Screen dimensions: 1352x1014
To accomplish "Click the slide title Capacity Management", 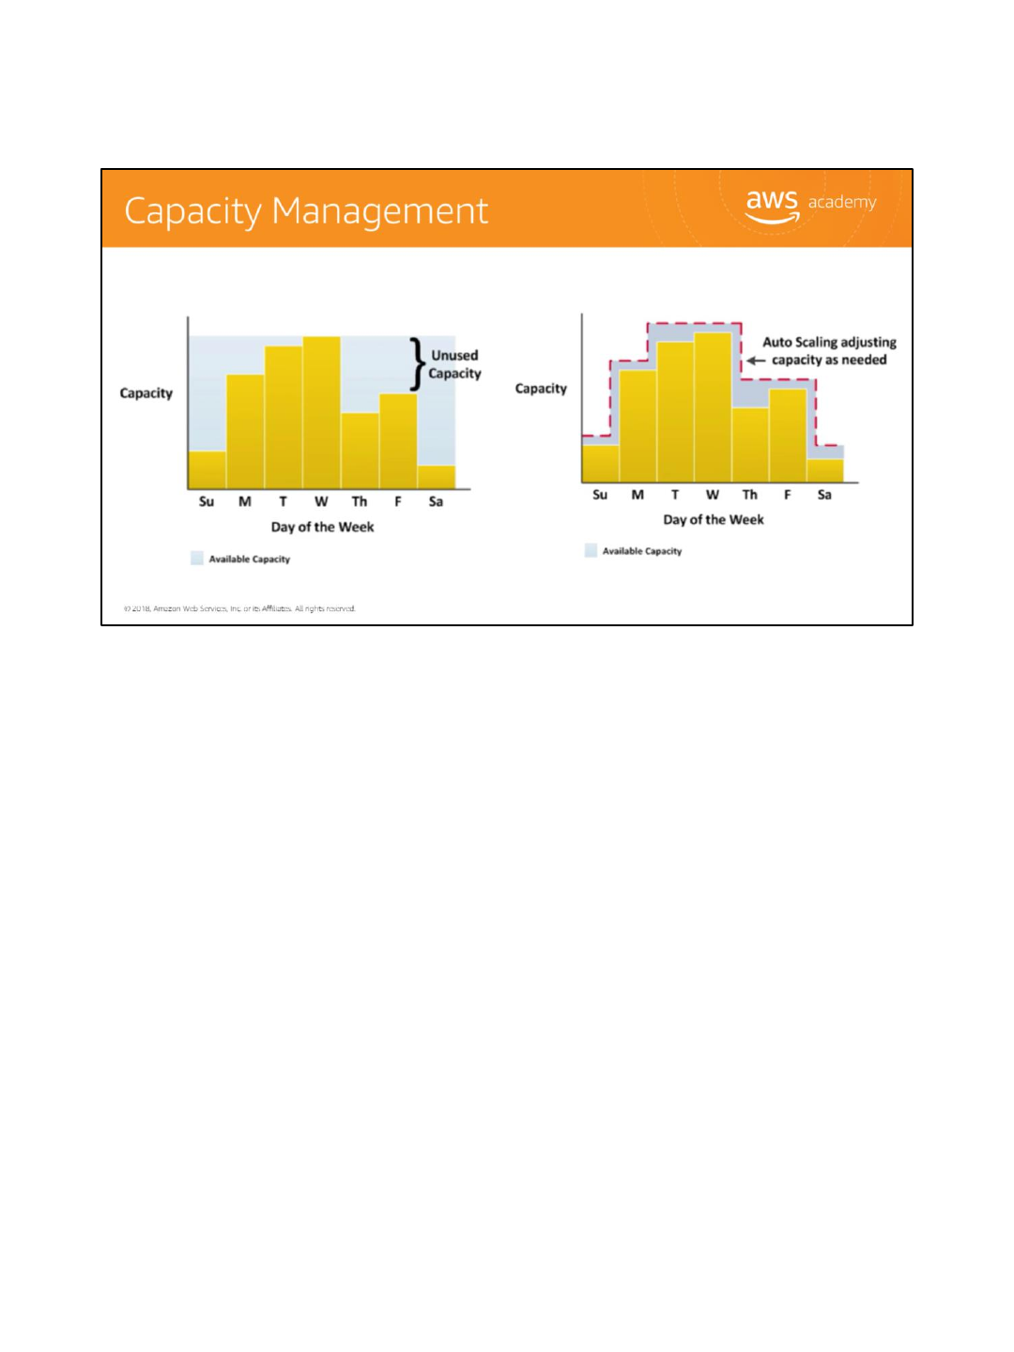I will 306,211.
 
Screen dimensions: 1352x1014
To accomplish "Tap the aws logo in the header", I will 772,206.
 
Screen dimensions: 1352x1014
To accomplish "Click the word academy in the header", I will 842,202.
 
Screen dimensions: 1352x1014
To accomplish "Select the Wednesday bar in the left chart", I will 321,413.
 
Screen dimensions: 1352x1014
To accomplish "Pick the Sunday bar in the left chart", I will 207,469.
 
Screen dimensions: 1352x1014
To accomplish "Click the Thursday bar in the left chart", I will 360,451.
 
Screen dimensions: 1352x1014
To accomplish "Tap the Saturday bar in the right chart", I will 824,469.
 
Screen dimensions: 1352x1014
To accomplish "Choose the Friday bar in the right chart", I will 787,435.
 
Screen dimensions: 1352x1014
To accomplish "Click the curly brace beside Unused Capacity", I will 417,363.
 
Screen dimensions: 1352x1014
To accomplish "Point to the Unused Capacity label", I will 455,364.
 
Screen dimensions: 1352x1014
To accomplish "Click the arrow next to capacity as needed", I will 756,361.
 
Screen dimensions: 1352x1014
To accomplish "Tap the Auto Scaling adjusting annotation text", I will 829,343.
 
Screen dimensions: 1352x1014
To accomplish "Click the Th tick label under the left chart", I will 360,501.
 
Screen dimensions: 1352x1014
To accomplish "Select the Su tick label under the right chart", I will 600,495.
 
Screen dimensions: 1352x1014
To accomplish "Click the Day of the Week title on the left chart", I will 322,527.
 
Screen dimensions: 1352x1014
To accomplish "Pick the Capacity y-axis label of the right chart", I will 541,389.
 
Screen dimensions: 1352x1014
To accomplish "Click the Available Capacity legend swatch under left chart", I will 197,559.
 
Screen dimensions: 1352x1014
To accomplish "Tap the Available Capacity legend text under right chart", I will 642,551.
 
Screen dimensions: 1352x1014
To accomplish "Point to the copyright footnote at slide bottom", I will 239,608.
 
